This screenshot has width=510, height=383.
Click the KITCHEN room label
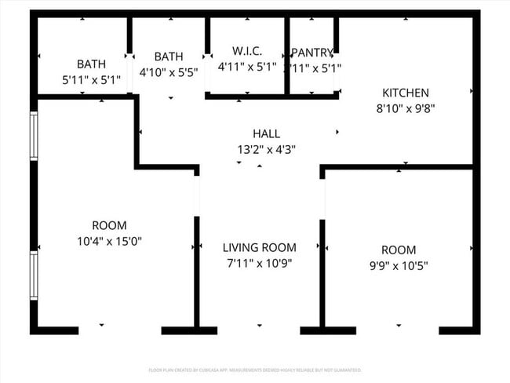pos(405,93)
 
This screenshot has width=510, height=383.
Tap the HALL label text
pos(266,133)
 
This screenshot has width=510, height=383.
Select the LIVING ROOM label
pos(259,247)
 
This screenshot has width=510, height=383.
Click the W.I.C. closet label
pos(247,51)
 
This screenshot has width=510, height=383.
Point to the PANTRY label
pos(312,53)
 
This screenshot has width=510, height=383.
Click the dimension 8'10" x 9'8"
pos(405,108)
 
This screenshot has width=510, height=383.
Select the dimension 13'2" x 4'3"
pos(266,148)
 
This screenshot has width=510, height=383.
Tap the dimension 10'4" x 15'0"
pos(109,241)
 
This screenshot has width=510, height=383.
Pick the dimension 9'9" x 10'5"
pos(399,265)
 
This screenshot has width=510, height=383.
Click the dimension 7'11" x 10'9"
pos(259,264)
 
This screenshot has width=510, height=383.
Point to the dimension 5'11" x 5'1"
pos(91,79)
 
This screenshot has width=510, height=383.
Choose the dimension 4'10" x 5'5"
pos(169,71)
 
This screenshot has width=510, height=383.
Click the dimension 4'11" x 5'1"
pos(247,67)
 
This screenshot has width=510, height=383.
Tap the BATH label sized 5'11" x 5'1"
pos(91,64)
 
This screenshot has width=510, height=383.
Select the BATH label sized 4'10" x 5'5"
pos(169,57)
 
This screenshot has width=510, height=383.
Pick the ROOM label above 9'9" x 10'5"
pos(399,250)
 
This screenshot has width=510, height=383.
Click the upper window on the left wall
pos(34,136)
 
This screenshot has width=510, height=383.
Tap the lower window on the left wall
pos(34,275)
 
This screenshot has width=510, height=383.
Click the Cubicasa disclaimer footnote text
pos(255,370)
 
